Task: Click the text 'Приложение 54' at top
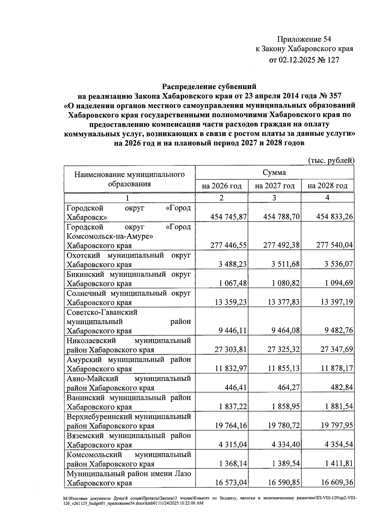[x=304, y=39]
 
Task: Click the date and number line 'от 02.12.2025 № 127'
[x=304, y=60]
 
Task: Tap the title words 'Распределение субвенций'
[x=210, y=86]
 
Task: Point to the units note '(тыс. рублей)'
[x=331, y=160]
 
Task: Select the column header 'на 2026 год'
[x=221, y=186]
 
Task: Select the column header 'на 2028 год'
[x=327, y=186]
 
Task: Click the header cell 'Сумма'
[x=274, y=172]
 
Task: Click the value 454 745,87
[x=229, y=217]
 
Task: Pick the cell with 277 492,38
[x=281, y=245]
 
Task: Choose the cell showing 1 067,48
[x=231, y=283]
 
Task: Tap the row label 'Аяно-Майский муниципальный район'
[x=129, y=383]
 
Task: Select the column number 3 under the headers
[x=274, y=198]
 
